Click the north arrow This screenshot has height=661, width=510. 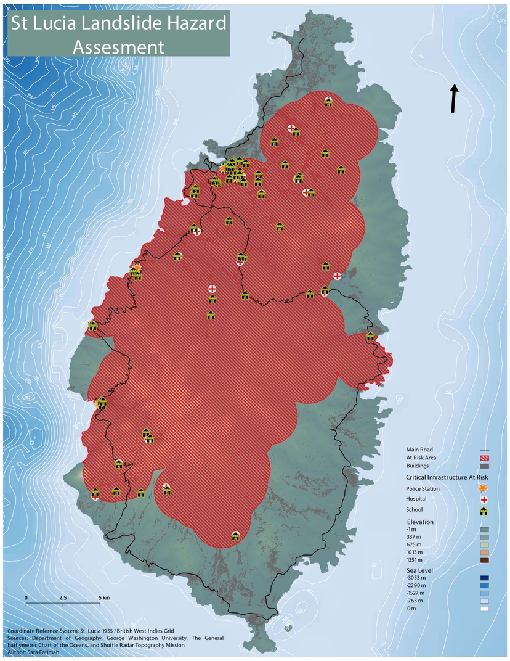pyautogui.click(x=455, y=99)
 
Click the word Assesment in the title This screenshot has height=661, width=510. pyautogui.click(x=118, y=47)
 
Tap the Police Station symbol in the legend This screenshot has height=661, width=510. pyautogui.click(x=484, y=488)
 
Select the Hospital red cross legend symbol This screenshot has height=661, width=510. pyautogui.click(x=484, y=499)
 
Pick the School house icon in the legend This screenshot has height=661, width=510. pyautogui.click(x=484, y=511)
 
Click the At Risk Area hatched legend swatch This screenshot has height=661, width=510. pyautogui.click(x=484, y=458)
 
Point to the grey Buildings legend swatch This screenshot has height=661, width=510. pyautogui.click(x=484, y=466)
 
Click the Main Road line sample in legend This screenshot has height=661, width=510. pyautogui.click(x=484, y=450)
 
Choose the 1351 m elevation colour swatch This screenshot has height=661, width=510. pyautogui.click(x=484, y=560)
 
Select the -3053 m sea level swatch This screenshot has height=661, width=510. pyautogui.click(x=484, y=578)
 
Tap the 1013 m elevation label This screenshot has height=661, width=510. pyautogui.click(x=415, y=552)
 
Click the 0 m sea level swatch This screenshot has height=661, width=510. pyautogui.click(x=484, y=609)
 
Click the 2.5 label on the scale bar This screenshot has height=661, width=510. pyautogui.click(x=63, y=598)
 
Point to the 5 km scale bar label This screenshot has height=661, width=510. pyautogui.click(x=104, y=598)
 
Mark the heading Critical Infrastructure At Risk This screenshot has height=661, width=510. pyautogui.click(x=447, y=477)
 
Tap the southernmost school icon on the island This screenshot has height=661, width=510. pyautogui.click(x=235, y=535)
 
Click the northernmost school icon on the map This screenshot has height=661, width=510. pyautogui.click(x=328, y=102)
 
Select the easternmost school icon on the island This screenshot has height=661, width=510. pyautogui.click(x=370, y=336)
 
